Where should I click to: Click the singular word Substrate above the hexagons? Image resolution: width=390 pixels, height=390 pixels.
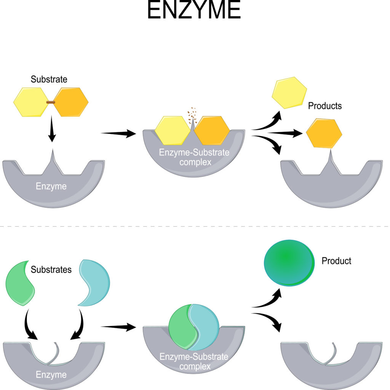coord(49,80)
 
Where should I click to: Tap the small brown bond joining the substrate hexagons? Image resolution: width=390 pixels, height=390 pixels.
coord(51,102)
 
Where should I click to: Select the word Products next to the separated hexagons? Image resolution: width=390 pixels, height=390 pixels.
coord(324,106)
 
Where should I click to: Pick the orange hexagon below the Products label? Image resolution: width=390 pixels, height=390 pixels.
coord(324,133)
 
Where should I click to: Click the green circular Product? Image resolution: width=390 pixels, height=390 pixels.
coord(289,262)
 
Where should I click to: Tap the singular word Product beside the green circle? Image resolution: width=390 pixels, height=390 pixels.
coord(336,261)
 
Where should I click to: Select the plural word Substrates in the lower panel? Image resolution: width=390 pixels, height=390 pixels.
coord(51,270)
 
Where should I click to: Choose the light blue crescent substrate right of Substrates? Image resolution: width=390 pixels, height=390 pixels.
coord(95,284)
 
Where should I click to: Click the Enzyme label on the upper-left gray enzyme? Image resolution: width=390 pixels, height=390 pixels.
coord(51,187)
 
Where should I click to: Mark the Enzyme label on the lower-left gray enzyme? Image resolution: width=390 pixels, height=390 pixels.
coord(51,375)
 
